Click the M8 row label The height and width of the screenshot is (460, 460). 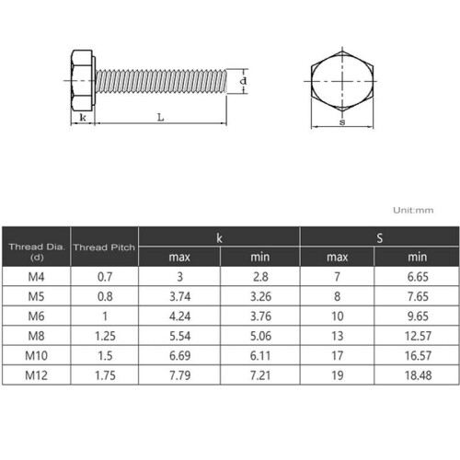tap(36, 336)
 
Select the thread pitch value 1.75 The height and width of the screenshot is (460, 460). tap(105, 375)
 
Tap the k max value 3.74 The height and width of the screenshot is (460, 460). tap(179, 296)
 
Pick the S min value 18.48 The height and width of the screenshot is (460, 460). tap(418, 375)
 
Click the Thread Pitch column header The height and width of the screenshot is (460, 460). tap(104, 247)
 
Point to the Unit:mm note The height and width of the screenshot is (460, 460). tap(413, 210)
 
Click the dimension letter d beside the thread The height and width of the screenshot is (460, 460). tap(243, 81)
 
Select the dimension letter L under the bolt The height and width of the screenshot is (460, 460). tap(160, 117)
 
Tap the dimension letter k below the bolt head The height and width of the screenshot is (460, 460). tap(83, 117)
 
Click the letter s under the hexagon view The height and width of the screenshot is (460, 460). tap(342, 122)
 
